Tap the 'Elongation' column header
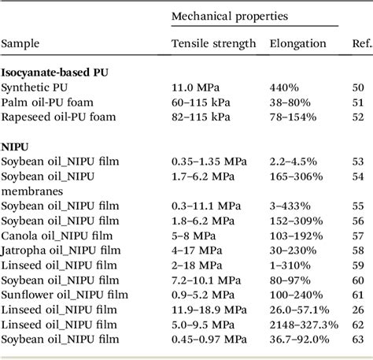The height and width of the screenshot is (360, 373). [x=297, y=44]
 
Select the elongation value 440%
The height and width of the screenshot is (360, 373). [x=285, y=87]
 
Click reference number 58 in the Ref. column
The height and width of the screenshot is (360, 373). [x=358, y=250]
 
